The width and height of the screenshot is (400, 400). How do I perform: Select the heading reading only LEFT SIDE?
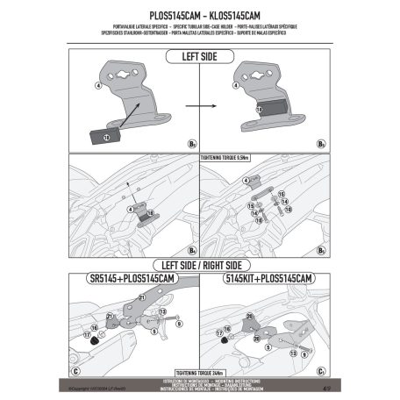click(201, 57)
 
